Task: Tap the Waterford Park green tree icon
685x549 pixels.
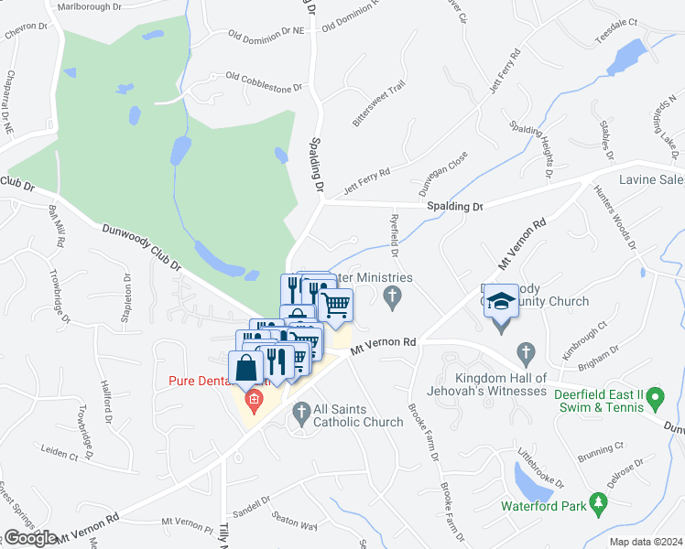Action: pos(598,502)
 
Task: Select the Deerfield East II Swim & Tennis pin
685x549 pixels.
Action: pos(656,398)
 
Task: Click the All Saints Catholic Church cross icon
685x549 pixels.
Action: pos(301,414)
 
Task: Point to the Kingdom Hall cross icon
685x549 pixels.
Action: pos(526,352)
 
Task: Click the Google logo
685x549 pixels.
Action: pos(30,538)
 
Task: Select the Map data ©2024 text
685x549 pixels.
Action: pos(647,542)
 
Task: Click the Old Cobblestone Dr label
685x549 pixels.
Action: pos(264,82)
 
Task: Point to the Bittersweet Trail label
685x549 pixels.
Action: pos(378,104)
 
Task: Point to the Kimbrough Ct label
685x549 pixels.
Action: pos(586,337)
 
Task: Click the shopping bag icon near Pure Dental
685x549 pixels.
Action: pos(248,369)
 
